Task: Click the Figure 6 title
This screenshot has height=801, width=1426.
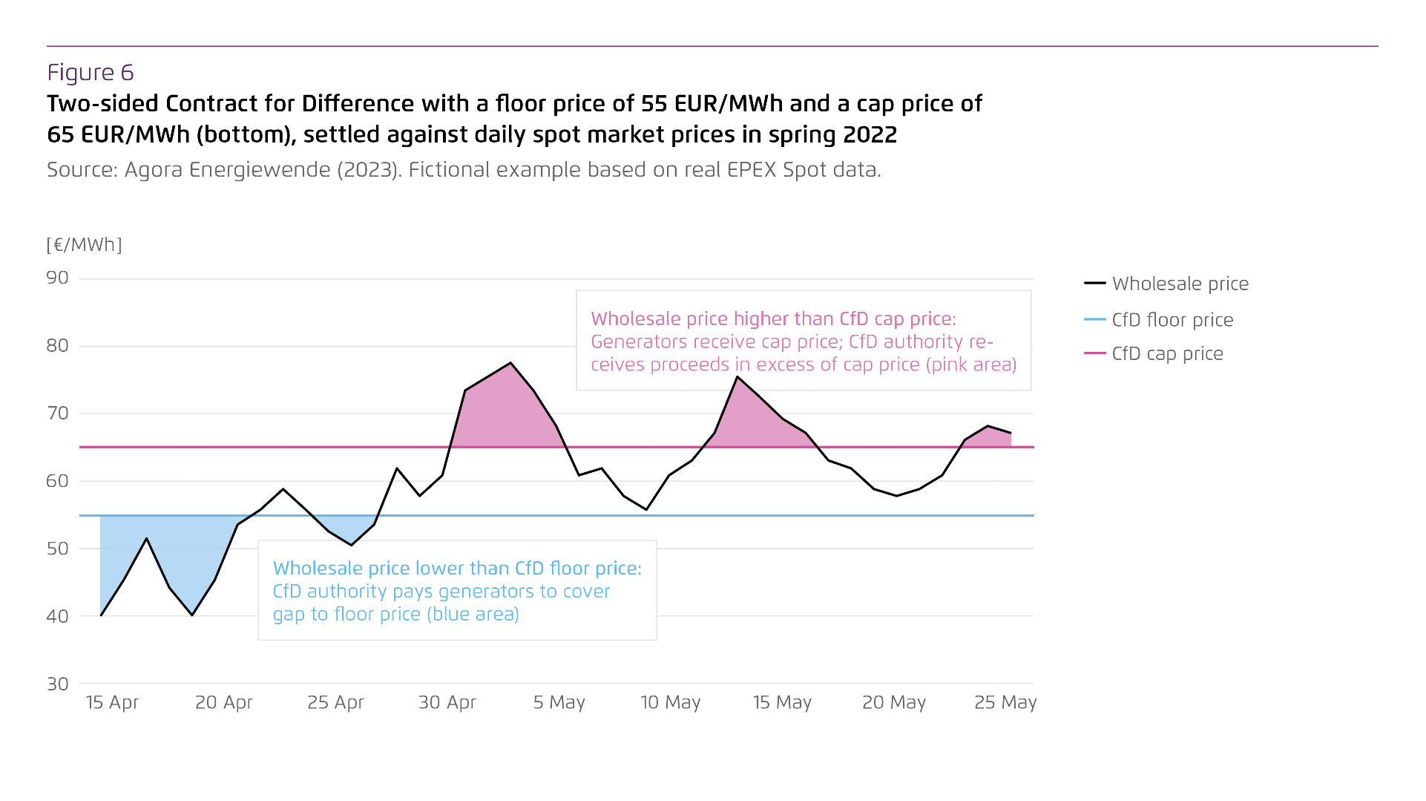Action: [91, 73]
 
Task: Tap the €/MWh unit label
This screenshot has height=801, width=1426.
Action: [84, 244]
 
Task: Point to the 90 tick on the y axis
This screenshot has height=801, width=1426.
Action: [57, 278]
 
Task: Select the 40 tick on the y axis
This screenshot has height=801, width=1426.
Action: [57, 616]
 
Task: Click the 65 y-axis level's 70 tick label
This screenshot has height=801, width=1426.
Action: [57, 413]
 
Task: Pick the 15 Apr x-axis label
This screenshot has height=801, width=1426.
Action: [112, 702]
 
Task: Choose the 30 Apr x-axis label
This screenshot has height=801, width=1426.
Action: [447, 702]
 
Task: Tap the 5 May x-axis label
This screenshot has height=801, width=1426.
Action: [559, 702]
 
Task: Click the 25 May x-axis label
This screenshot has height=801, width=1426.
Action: [1005, 702]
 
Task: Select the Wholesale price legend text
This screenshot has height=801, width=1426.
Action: [1180, 284]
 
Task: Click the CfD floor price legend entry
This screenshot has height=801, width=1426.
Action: [1172, 320]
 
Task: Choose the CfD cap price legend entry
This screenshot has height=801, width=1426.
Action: [1167, 354]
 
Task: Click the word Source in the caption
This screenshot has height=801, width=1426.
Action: [79, 170]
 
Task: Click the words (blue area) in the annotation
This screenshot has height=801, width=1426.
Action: [472, 614]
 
